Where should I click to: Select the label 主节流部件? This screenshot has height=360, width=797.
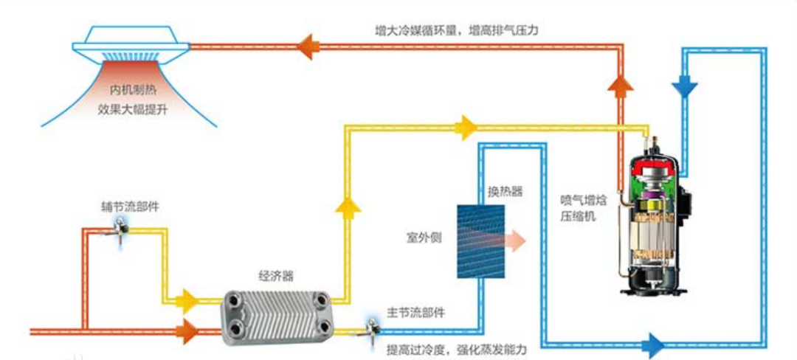tap(416, 312)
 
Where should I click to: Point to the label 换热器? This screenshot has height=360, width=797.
tap(506, 191)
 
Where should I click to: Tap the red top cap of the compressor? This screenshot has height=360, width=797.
tap(652, 165)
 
